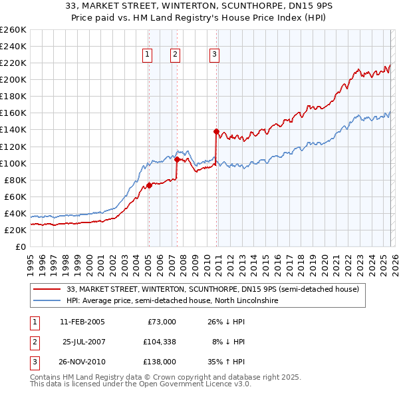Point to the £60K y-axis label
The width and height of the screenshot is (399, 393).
tap(15, 196)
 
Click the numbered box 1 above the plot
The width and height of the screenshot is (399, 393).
tap(146, 55)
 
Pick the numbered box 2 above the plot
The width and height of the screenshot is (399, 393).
tap(175, 55)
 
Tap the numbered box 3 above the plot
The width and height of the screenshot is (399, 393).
tap(215, 55)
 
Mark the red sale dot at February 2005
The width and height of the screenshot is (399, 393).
tap(149, 185)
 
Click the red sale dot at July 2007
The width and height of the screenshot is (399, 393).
tap(177, 159)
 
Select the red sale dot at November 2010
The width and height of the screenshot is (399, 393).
tap(217, 131)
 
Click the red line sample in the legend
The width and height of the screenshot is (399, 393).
tap(47, 290)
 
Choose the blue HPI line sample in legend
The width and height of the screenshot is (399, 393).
tap(47, 301)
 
